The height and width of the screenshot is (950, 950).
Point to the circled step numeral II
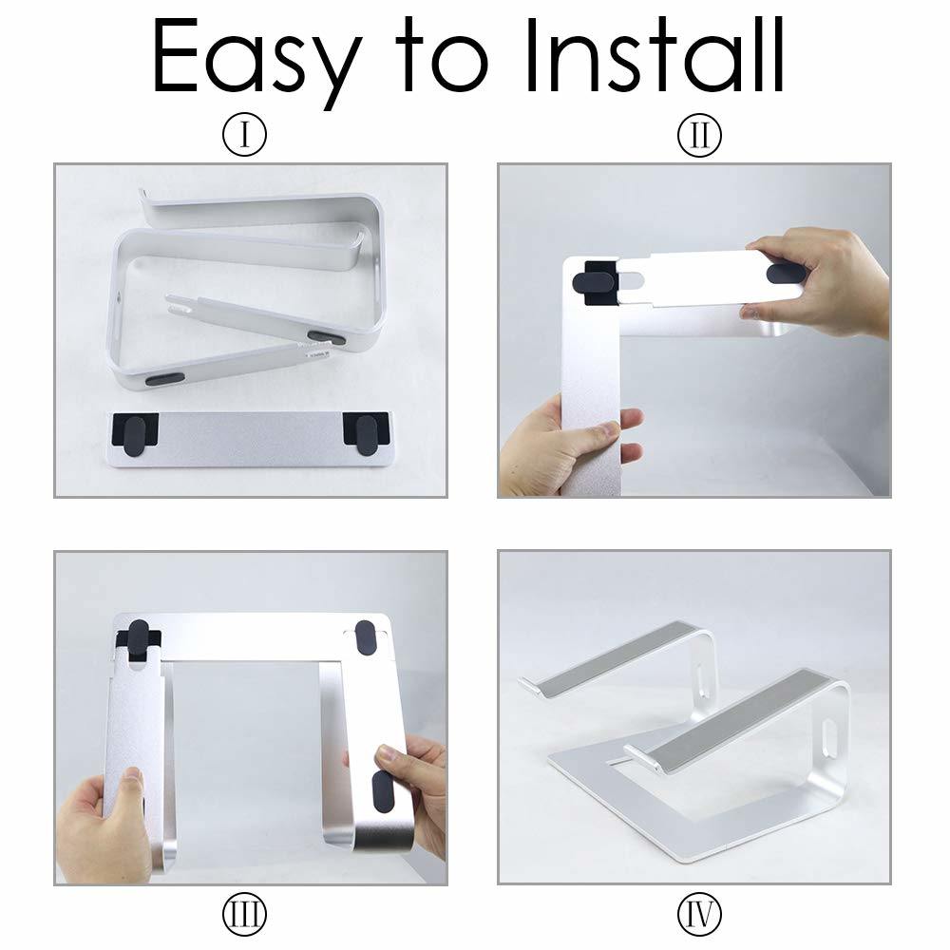[699, 137]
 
